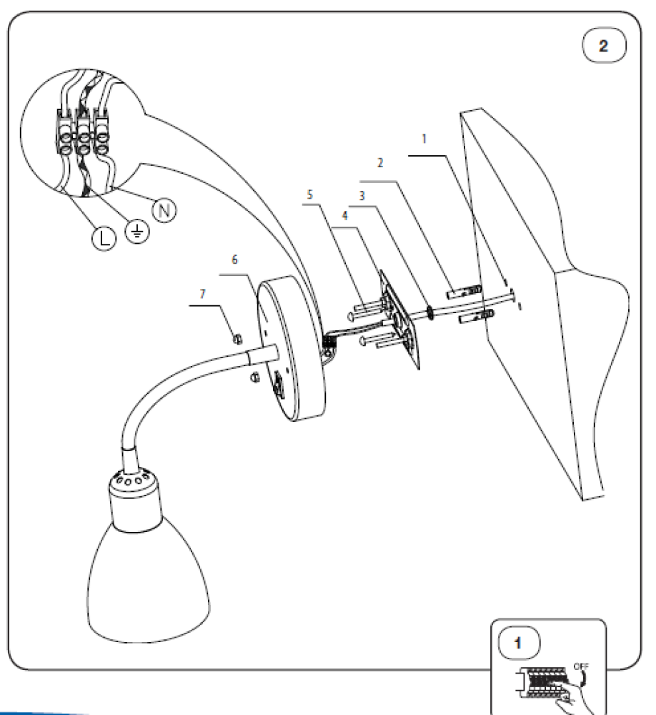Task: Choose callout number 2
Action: click(381, 162)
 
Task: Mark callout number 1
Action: click(424, 138)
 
